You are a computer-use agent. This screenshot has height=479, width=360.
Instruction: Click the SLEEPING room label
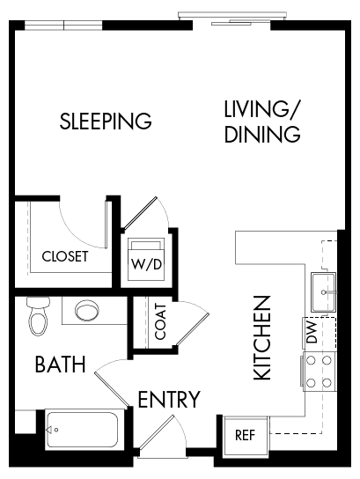106,121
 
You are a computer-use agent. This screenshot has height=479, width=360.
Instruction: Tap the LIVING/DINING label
262,122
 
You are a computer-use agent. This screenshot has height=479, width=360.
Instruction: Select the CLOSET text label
65,257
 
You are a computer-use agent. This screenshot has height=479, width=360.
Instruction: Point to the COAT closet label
160,321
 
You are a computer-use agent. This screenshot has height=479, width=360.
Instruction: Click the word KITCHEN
262,338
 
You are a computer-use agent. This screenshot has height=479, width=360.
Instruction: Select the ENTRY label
169,400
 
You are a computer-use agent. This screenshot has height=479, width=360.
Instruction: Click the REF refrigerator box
244,435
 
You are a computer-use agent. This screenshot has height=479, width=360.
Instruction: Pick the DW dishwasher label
312,333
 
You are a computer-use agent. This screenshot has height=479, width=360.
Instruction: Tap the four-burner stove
320,372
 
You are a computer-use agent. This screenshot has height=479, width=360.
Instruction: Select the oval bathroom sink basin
89,312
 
